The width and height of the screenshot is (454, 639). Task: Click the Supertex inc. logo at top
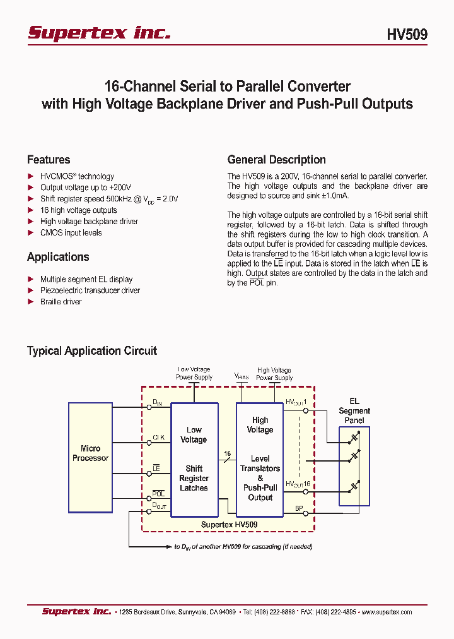99,33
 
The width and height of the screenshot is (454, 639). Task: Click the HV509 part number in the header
407,35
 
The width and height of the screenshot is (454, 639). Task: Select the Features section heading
49,160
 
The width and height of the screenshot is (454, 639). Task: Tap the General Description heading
276,160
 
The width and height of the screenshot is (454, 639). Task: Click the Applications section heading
58,257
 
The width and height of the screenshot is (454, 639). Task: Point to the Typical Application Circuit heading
92,350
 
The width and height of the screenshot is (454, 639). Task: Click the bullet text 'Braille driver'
61,302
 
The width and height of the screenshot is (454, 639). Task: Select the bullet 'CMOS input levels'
71,233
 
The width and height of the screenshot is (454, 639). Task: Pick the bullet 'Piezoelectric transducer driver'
90,290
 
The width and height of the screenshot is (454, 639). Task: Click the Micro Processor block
90,453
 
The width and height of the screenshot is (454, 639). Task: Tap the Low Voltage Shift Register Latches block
194,458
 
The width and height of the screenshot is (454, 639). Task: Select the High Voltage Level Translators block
260,458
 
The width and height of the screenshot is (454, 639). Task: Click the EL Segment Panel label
354,410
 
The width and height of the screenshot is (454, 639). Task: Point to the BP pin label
299,508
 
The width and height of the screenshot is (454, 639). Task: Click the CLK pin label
158,436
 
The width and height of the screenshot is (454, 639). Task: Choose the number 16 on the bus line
227,453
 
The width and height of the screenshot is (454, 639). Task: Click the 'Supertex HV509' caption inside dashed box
229,525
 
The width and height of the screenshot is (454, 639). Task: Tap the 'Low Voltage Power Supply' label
194,373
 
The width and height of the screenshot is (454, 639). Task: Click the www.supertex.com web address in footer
387,612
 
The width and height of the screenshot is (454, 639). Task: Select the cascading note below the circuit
243,547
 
